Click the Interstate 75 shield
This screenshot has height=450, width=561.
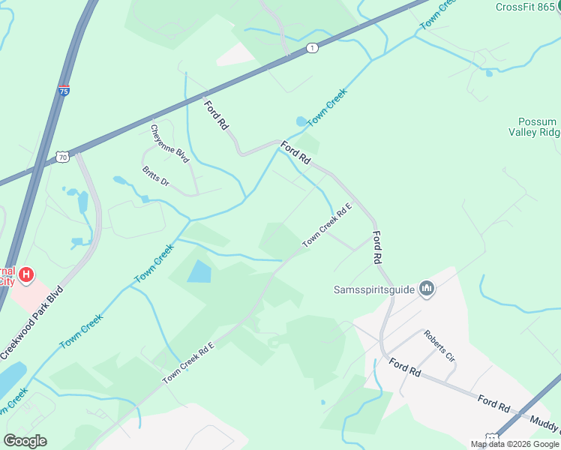click(x=65, y=91)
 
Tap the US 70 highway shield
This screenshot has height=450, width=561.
click(x=62, y=157)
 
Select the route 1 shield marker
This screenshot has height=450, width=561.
click(x=312, y=48)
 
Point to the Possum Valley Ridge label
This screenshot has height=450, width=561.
click(x=538, y=127)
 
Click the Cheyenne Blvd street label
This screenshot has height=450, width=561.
click(x=169, y=144)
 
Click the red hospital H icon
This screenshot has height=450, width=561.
click(x=26, y=275)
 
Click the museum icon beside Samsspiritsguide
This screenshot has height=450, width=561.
click(x=427, y=288)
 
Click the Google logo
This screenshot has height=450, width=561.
click(x=25, y=441)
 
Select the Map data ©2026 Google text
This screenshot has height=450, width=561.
click(x=514, y=444)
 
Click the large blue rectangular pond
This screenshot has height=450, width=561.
click(x=199, y=271)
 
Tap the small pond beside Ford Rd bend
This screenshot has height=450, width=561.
click(x=301, y=121)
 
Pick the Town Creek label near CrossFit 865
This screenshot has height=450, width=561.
click(x=437, y=15)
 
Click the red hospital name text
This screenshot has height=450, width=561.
click(x=7, y=276)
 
